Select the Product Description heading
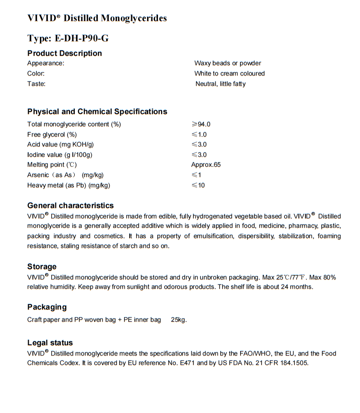[64, 53]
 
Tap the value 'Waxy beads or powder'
[227, 63]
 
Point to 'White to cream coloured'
[229, 73]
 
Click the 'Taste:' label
[36, 84]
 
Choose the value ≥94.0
[201, 124]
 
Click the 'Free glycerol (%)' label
[52, 134]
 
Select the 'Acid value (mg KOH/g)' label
[60, 144]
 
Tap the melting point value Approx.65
[206, 164]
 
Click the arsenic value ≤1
[196, 175]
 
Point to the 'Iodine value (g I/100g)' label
[60, 155]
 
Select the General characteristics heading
[70, 205]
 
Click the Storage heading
[42, 266]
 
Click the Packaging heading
[47, 307]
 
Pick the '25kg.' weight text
[179, 320]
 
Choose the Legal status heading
[50, 343]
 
